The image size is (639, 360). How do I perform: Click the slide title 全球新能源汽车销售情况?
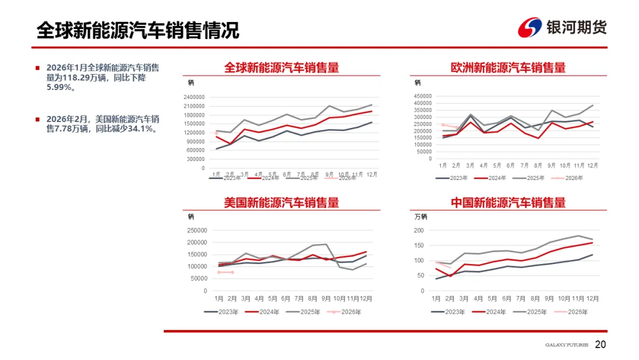coord(137,30)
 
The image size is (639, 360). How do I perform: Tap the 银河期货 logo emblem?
coord(530,28)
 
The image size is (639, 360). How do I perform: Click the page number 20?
coord(601,345)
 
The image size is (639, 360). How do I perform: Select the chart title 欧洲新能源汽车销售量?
coord(508,67)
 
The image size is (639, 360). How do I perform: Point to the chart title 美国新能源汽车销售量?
coord(282,202)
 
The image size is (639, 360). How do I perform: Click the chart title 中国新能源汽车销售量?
coord(508,202)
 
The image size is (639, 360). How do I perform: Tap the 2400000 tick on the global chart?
coord(193,97)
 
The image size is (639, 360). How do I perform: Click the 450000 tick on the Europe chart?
coord(422,96)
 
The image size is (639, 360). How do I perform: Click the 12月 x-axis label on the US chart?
coord(366,298)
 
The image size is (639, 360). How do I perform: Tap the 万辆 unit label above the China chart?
coord(421,217)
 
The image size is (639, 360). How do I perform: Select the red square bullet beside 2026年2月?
coord(38,118)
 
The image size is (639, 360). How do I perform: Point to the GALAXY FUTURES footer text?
coord(566,345)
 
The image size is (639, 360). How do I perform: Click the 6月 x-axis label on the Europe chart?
coord(511,165)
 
